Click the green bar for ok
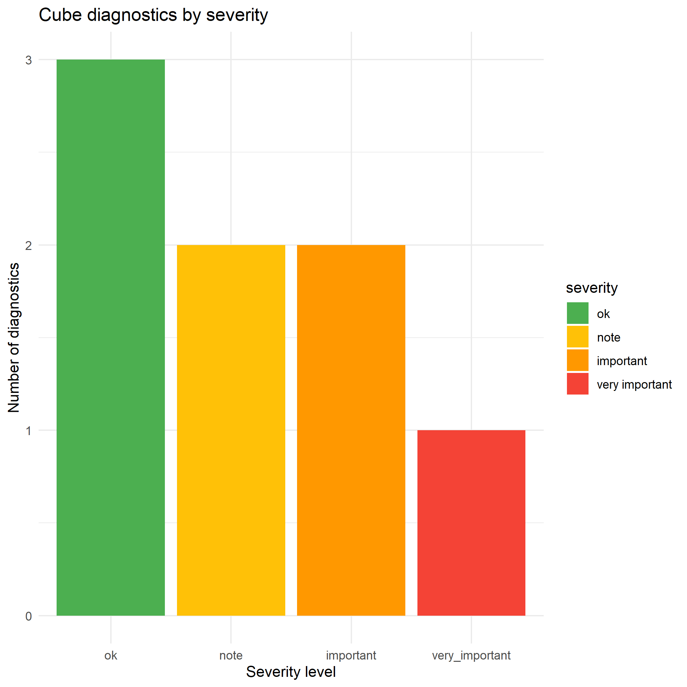(111, 338)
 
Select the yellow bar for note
(231, 430)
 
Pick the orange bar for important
(351, 430)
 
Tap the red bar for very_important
(471, 523)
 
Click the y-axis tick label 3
(28, 60)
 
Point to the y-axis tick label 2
(28, 245)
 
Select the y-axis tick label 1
(28, 431)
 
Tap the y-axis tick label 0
(28, 616)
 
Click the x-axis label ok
(111, 655)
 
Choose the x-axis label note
(231, 655)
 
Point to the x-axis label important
(351, 655)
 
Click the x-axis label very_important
(471, 655)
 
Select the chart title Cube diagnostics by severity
(153, 15)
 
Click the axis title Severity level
(291, 672)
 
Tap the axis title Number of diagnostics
(14, 338)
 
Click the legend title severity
(592, 288)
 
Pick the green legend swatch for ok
(577, 313)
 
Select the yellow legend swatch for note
(577, 337)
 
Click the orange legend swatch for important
(577, 360)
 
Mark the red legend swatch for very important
(577, 384)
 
